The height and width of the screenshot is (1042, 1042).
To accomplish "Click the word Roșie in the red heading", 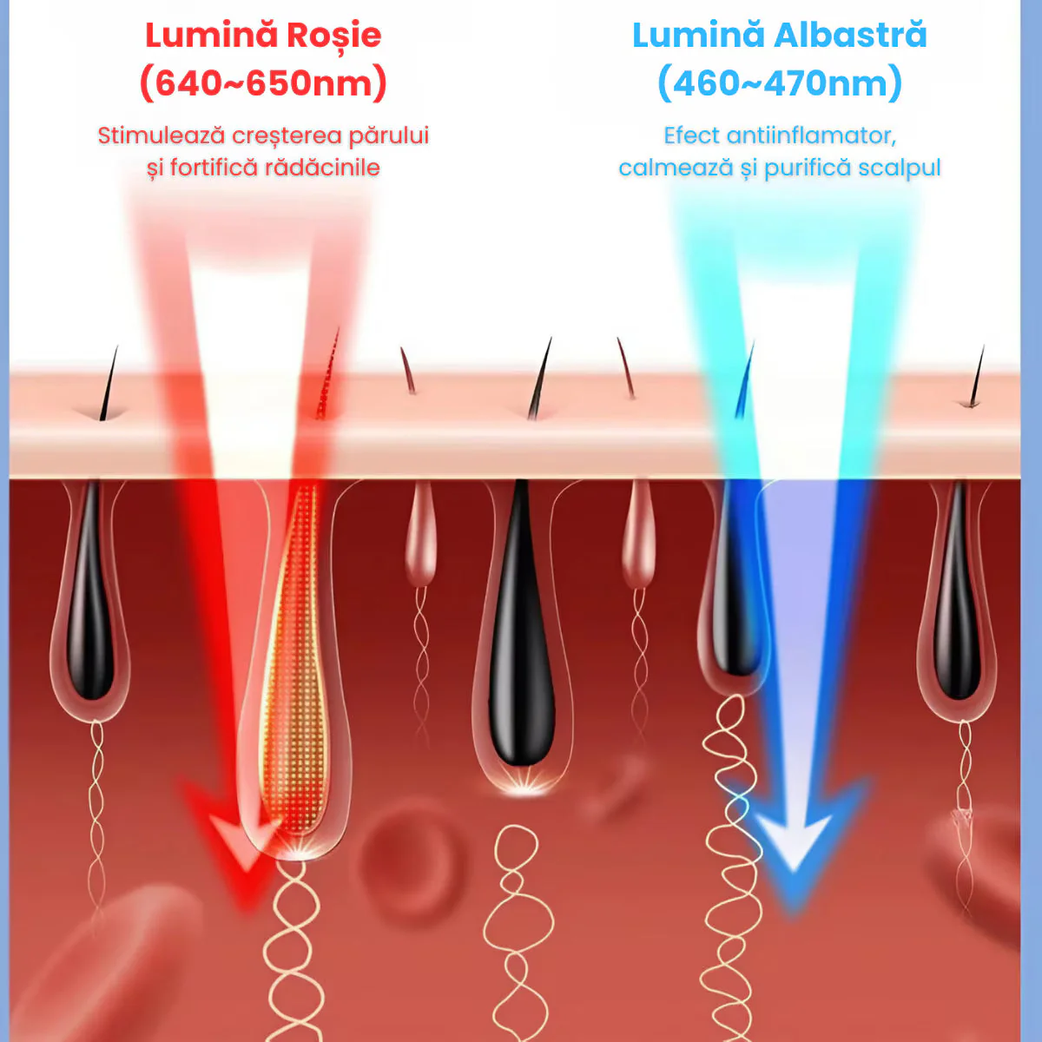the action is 333,36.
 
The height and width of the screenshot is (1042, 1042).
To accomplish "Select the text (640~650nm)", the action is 263,83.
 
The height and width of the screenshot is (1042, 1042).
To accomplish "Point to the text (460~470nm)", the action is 780,83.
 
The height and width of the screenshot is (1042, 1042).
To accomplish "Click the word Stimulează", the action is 161,135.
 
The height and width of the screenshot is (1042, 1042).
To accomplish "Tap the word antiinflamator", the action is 811,135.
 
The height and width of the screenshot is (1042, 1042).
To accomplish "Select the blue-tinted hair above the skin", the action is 744,380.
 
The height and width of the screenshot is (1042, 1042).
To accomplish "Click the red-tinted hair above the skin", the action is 327,373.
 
